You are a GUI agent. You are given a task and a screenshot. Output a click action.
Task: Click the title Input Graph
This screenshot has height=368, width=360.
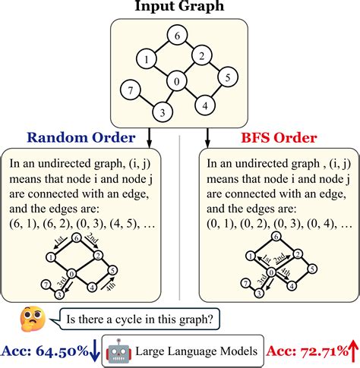point(179,7)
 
